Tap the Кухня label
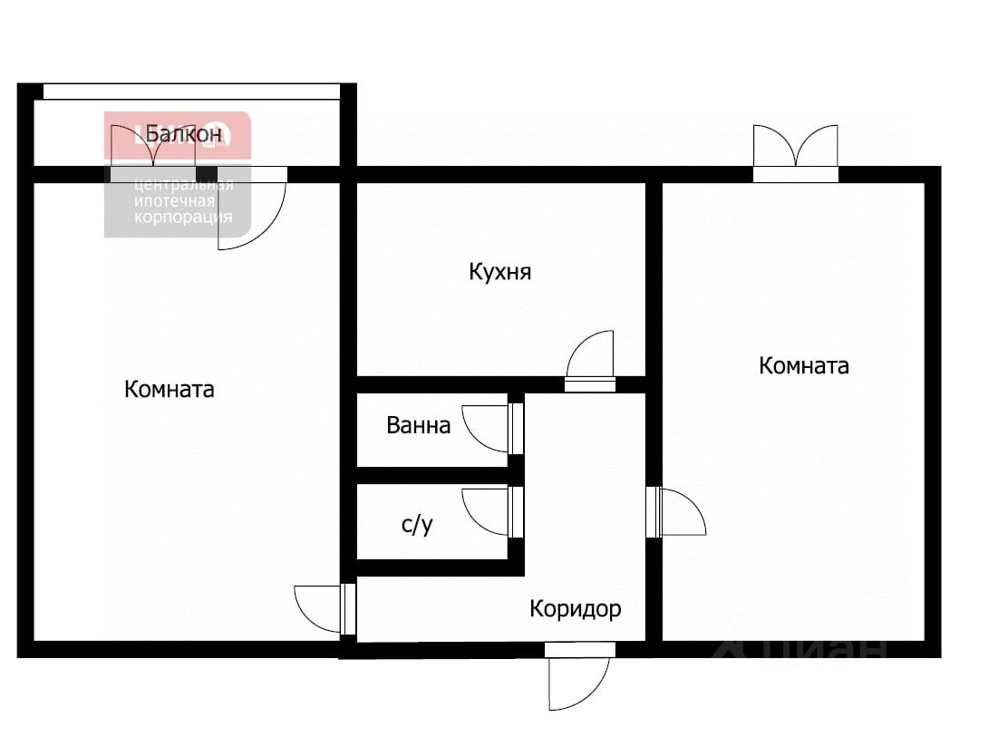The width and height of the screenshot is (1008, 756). [x=499, y=272]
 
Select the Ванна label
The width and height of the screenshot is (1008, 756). [x=418, y=425]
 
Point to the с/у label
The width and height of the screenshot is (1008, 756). [x=417, y=525]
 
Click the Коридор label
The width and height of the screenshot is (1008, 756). [x=576, y=608]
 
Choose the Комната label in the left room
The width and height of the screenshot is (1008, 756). [x=170, y=390]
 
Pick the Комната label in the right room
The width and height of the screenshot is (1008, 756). [x=804, y=366]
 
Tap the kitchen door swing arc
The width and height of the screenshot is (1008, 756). [x=591, y=354]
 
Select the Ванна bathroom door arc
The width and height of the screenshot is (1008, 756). [x=485, y=426]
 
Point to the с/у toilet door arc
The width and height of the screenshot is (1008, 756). [x=485, y=511]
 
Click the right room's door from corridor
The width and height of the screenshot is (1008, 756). [x=682, y=513]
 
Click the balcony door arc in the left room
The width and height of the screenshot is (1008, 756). [x=252, y=218]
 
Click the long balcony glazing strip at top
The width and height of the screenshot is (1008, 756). [x=191, y=91]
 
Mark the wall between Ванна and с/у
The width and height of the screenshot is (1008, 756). [x=433, y=475]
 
